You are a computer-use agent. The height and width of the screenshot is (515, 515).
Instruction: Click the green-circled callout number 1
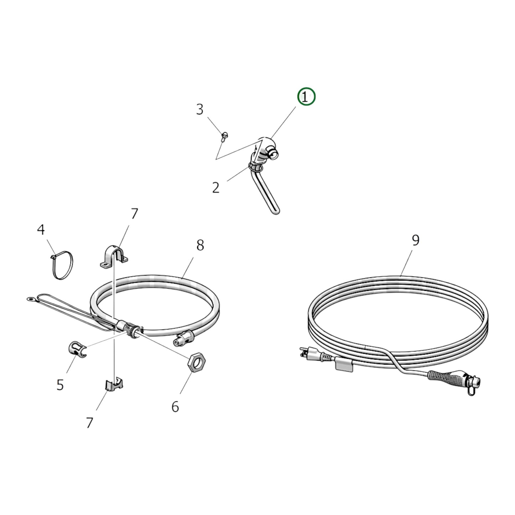point(307,97)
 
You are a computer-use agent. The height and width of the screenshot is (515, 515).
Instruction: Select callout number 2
point(216,187)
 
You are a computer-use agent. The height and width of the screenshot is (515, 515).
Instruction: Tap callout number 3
point(200,109)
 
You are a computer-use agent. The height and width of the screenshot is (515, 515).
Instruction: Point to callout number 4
point(41,230)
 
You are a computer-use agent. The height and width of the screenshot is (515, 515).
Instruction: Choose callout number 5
point(60,385)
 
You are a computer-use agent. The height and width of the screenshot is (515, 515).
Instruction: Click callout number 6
point(175,406)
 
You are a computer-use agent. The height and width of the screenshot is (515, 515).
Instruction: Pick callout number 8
point(200,245)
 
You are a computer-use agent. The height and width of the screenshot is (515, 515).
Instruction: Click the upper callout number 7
point(134,214)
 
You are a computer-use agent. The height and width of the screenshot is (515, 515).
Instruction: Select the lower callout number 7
point(89,423)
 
